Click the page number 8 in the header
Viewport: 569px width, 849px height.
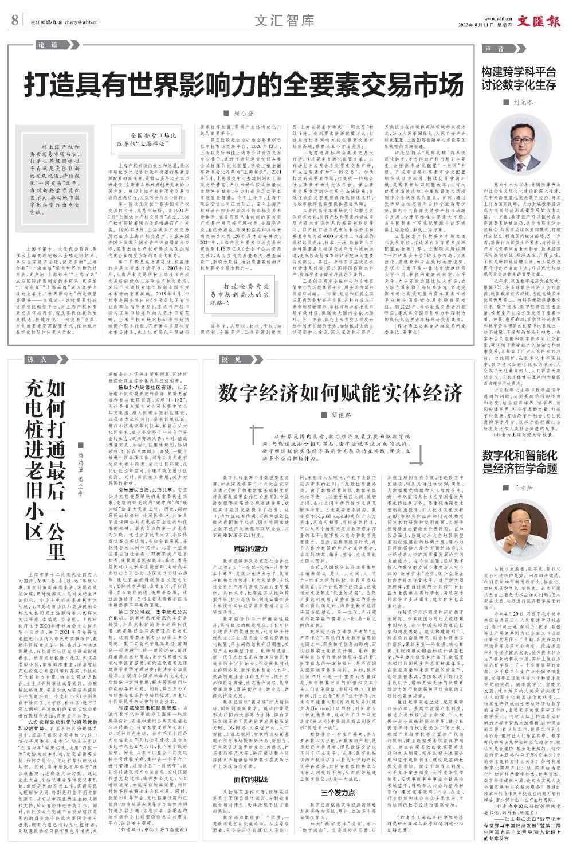(x=15, y=21)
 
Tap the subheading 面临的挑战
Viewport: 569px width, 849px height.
(x=250, y=779)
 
